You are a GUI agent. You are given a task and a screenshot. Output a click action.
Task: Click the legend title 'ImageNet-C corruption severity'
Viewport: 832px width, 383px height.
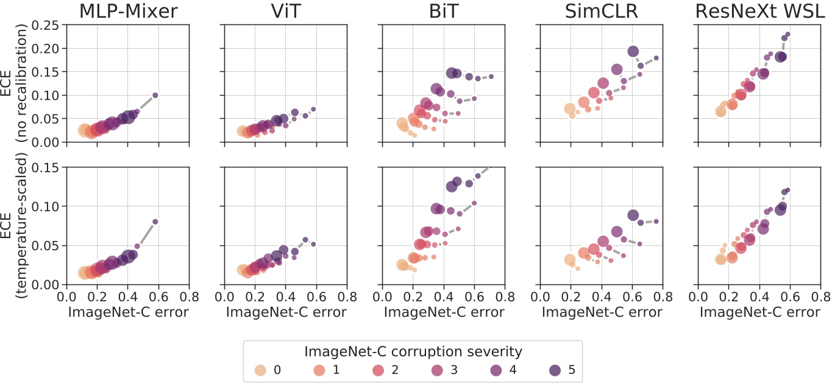click(413, 351)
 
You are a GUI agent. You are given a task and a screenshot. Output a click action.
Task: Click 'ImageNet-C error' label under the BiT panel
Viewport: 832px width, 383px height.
click(443, 312)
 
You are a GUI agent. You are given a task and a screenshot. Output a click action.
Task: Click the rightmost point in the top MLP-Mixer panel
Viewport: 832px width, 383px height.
click(155, 95)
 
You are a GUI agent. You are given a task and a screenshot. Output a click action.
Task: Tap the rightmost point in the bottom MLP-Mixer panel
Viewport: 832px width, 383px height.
click(155, 222)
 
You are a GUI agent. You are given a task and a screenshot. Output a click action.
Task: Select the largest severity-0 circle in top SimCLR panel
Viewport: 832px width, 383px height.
click(570, 109)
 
